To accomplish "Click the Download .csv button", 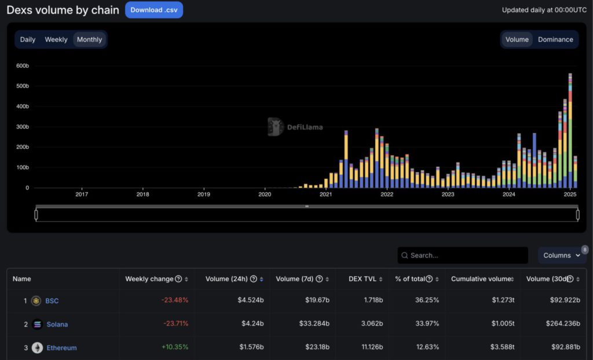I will point(153,10).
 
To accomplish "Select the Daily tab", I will point(28,39).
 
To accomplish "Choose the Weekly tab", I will point(56,39).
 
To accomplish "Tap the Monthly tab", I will point(89,39).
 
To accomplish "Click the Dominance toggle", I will point(555,39).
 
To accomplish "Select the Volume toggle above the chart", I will point(517,39).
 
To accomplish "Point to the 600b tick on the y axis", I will point(22,66).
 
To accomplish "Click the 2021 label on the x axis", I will point(325,194).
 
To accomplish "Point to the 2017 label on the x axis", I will point(82,194).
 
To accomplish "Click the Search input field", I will point(463,255).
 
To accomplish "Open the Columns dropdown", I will point(561,255).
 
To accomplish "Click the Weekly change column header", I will point(149,279).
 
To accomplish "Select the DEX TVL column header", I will point(363,279).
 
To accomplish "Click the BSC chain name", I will point(52,301).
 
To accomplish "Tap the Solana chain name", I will point(57,324).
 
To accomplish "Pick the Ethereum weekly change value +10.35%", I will point(175,347).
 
